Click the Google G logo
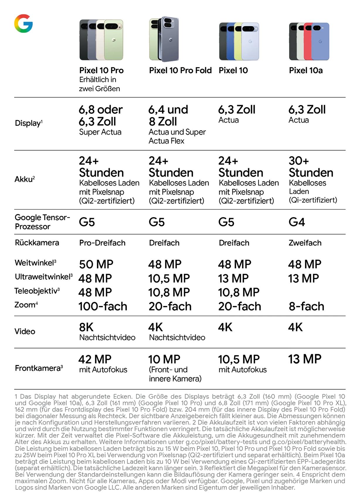[23, 23]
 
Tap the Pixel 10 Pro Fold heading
[180, 70]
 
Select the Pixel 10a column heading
[306, 70]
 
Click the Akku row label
[25, 179]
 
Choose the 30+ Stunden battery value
[311, 167]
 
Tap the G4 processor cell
[297, 222]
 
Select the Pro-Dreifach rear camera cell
[102, 243]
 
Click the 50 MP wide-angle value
[96, 264]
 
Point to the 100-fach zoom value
[103, 306]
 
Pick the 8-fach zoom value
[306, 306]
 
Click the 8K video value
[86, 327]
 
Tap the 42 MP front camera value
[95, 359]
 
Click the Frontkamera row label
[39, 368]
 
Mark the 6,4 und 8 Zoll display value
[168, 116]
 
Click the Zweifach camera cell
[305, 243]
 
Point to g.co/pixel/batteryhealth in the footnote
[309, 442]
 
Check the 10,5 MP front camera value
[239, 359]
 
